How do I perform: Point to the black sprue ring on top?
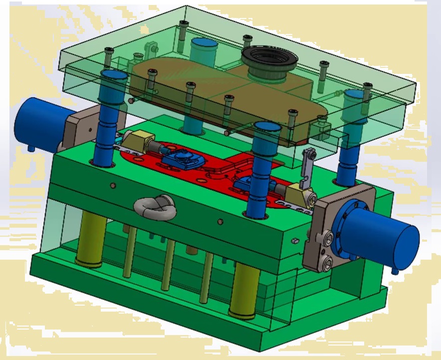(269, 60)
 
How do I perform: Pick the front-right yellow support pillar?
(245, 290)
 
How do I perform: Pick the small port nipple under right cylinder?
(395, 270)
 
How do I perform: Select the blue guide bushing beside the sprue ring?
(205, 50)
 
